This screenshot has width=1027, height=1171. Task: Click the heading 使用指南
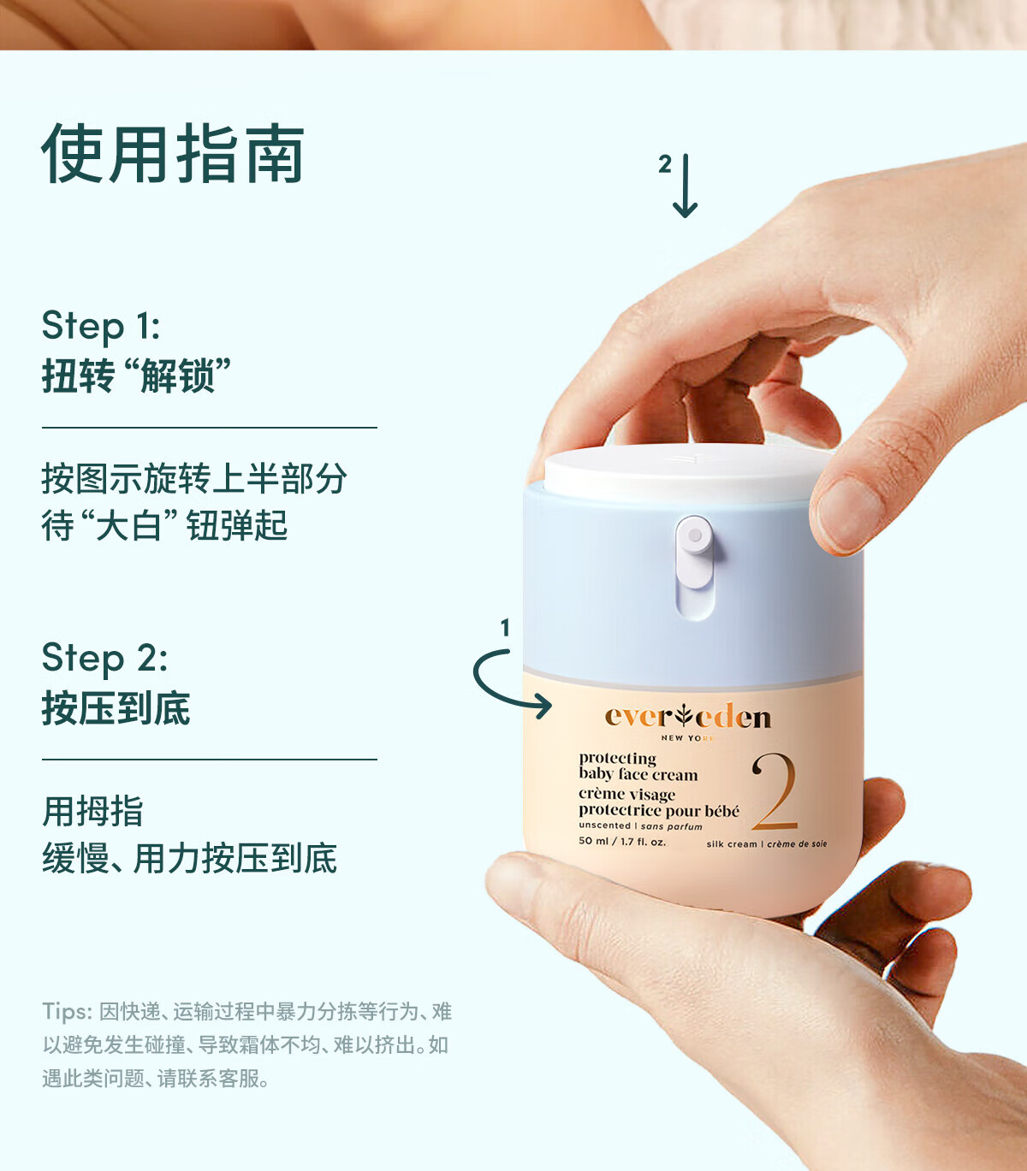click(x=172, y=154)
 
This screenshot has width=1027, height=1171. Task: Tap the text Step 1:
click(x=101, y=326)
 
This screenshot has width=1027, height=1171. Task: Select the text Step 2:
click(x=104, y=659)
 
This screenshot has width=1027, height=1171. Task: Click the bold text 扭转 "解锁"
click(x=136, y=376)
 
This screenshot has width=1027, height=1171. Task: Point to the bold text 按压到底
click(x=116, y=708)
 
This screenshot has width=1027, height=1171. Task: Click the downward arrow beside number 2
click(x=686, y=186)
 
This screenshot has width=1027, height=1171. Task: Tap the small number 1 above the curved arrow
click(x=506, y=627)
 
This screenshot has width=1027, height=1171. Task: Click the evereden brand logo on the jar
click(x=688, y=716)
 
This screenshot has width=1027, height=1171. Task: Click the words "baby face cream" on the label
click(x=638, y=774)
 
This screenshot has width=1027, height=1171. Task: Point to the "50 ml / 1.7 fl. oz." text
click(x=622, y=842)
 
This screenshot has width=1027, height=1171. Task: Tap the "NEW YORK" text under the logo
click(x=688, y=738)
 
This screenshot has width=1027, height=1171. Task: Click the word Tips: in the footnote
click(x=67, y=1012)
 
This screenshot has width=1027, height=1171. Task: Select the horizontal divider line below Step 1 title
click(x=210, y=428)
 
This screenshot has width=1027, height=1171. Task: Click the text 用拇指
click(x=92, y=811)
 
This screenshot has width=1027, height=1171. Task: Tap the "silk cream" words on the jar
click(x=732, y=844)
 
